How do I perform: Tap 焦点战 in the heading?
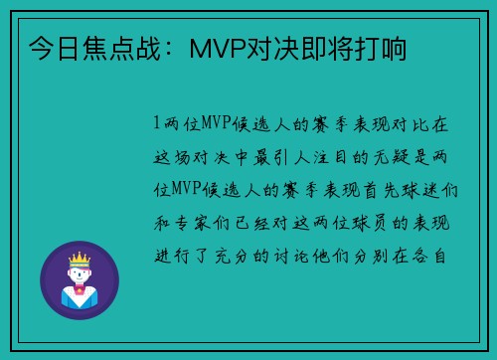pyautogui.click(x=132, y=47)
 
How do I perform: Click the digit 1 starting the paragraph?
pyautogui.click(x=156, y=124)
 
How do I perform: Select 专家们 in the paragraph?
pyautogui.click(x=203, y=222)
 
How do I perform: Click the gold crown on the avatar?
pyautogui.click(x=80, y=256)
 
